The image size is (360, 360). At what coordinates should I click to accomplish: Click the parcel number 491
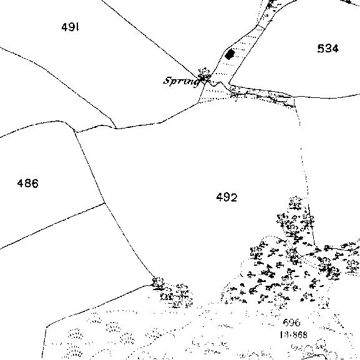pos(71,27)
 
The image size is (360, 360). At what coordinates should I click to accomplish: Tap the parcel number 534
pos(328,49)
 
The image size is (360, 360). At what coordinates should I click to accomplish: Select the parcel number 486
pos(28,183)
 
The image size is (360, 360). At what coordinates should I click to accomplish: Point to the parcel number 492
pos(227,197)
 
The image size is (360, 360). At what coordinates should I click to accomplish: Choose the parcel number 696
pos(291,323)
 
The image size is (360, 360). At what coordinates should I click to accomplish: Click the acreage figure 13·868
pos(294,335)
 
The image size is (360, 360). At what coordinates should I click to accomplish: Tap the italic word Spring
pos(182,82)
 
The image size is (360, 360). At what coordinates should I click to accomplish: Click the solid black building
pos(230,54)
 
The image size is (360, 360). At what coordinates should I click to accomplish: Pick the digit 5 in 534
pos(321,49)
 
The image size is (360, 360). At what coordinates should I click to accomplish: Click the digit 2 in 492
pos(234,197)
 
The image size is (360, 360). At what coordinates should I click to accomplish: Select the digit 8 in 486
pos(28,183)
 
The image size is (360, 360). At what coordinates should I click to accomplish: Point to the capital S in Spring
pos(167,80)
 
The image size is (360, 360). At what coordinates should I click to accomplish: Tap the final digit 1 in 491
pos(77,27)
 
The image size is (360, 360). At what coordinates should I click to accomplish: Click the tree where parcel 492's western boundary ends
pos(158,283)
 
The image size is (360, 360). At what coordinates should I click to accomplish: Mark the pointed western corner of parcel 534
pos(229,83)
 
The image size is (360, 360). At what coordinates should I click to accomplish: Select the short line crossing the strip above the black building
pos(260,27)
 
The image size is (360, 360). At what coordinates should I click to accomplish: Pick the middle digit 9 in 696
pos(291,323)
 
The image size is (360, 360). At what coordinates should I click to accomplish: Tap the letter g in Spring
pos(197,82)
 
